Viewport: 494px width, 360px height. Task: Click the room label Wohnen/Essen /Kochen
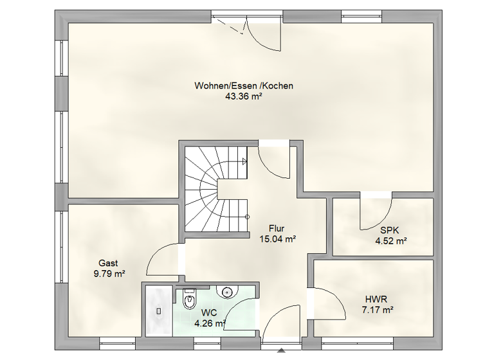point(244,85)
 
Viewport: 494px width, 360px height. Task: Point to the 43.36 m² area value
point(244,96)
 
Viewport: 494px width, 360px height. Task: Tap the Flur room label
point(277,228)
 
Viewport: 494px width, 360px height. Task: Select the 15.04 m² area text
point(277,239)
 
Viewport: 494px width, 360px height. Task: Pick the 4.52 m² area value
point(391,242)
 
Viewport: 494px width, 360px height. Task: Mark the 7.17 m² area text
point(378,309)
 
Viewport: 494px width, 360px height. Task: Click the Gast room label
point(108,263)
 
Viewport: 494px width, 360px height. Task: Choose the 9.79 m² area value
point(108,273)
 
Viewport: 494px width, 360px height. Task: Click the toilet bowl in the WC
point(190,301)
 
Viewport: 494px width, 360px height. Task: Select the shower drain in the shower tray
point(158,310)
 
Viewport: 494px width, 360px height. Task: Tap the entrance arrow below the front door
point(280,351)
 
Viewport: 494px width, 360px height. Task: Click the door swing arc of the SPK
point(376,215)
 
